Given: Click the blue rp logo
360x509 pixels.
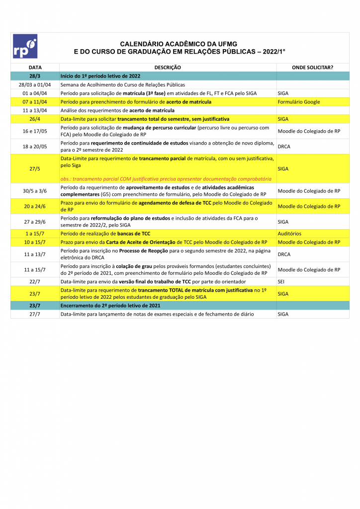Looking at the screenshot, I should tap(25, 46).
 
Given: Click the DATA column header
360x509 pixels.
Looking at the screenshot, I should tap(35, 67).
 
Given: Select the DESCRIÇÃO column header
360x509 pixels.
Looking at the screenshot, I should tap(168, 67).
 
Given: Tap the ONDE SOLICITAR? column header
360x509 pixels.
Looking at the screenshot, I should tap(312, 67).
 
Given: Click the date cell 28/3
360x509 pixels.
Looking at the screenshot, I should tap(35, 76).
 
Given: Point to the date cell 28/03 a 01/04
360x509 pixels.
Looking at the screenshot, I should tap(35, 85).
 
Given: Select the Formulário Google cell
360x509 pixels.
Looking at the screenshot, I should tap(299, 102).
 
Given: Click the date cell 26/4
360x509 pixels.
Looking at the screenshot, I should tap(35, 119).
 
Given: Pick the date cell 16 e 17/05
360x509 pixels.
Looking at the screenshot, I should tap(35, 131).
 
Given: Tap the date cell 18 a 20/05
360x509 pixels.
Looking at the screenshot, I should tap(35, 147).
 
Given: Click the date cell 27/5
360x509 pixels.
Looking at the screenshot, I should tap(35, 169).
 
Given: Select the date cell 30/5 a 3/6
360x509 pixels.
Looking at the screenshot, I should tap(35, 191).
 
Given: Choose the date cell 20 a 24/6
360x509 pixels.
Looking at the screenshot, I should tap(35, 206).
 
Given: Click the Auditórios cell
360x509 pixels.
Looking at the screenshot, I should tap(289, 234).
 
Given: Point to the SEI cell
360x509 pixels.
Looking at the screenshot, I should tap(281, 282).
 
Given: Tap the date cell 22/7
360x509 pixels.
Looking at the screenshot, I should tap(35, 282).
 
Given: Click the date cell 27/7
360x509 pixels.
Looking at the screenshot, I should tap(35, 314).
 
